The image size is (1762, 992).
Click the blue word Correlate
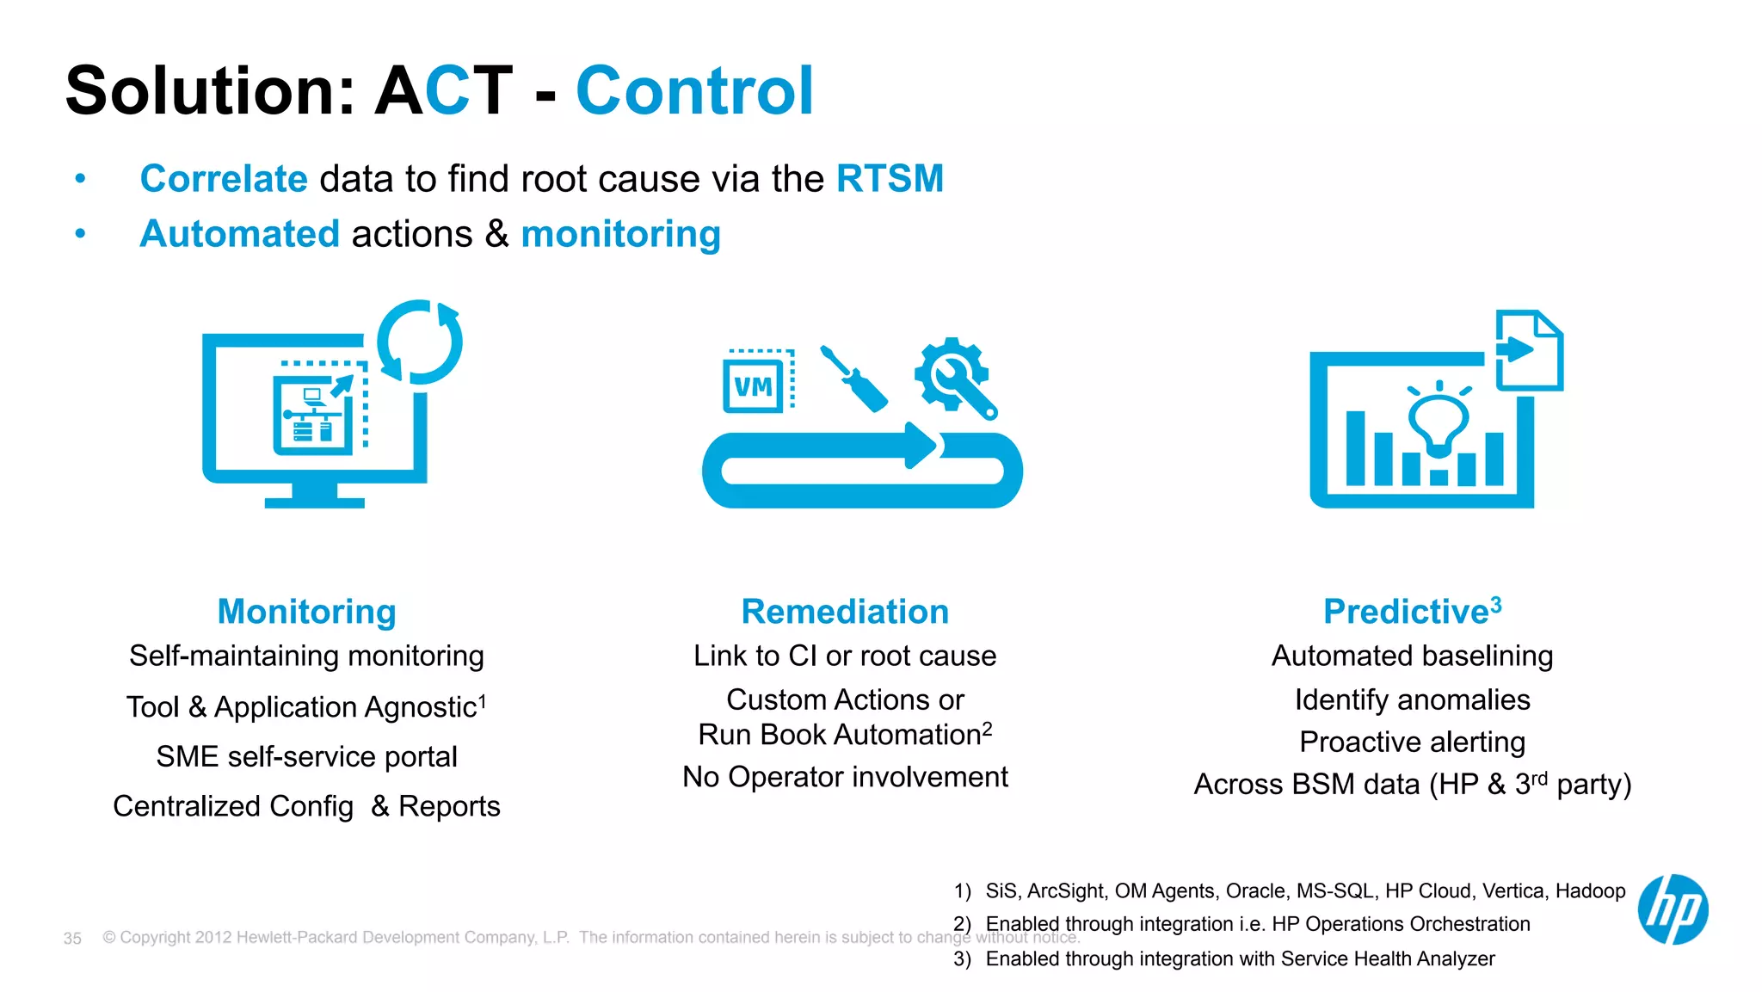(224, 179)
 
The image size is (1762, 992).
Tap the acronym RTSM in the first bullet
(890, 179)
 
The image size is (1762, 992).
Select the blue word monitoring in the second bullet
(620, 234)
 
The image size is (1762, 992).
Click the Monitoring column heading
(306, 612)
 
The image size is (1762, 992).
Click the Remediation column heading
(845, 612)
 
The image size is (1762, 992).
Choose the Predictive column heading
(1406, 612)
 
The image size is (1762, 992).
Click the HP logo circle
(1673, 909)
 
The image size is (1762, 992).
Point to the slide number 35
(72, 939)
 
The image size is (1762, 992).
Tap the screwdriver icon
(854, 379)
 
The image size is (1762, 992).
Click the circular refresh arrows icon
(420, 342)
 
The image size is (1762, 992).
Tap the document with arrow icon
(1529, 350)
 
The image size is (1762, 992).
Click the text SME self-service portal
(306, 757)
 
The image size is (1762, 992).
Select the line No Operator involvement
(845, 777)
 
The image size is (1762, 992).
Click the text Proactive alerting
(1412, 742)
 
